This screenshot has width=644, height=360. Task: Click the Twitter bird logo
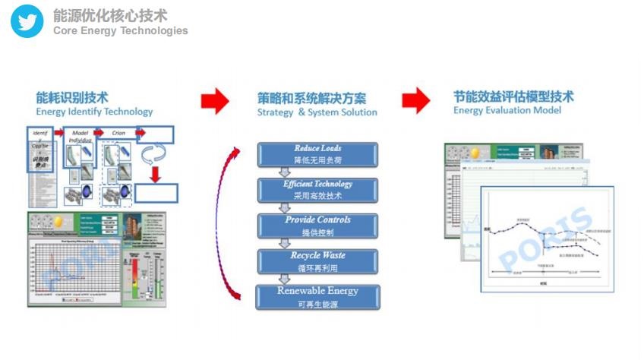[x=27, y=21]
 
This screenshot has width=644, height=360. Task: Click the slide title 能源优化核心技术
[x=110, y=15]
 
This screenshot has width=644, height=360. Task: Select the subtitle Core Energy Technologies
[x=120, y=30]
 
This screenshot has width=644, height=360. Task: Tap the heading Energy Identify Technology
[x=94, y=112]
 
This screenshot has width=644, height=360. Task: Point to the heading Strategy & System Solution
[x=317, y=112]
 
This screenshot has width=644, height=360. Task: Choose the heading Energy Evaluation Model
[x=507, y=110]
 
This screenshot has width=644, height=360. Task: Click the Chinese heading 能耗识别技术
[x=72, y=98]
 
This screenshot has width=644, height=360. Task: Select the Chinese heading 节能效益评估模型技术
[x=513, y=97]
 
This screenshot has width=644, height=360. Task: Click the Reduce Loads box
[x=317, y=154]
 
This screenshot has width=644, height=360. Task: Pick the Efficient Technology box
[x=317, y=190]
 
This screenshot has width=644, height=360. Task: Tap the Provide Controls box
[x=317, y=226]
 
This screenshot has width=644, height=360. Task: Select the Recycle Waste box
[x=317, y=261]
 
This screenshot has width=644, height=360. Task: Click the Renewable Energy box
[x=317, y=296]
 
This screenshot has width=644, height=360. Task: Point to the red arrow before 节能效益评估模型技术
[x=415, y=99]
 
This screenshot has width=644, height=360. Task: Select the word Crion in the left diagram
[x=118, y=132]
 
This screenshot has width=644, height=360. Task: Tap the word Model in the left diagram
[x=80, y=132]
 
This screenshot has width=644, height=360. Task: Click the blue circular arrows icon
[x=156, y=156]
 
